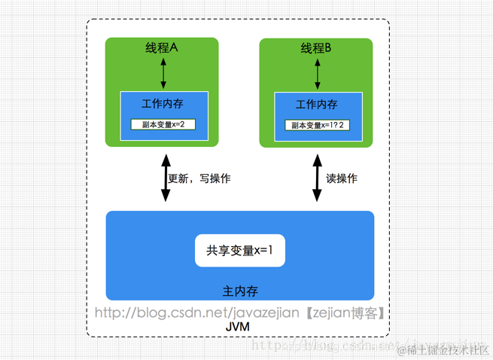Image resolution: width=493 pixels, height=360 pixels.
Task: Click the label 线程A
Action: pyautogui.click(x=162, y=47)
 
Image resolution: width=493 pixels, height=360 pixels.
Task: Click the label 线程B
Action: pyautogui.click(x=316, y=48)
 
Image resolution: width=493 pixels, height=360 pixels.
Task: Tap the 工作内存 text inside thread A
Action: pyautogui.click(x=162, y=103)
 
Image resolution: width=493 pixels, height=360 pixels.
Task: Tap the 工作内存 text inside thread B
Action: pyautogui.click(x=316, y=105)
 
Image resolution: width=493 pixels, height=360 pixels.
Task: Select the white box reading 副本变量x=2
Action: pyautogui.click(x=163, y=124)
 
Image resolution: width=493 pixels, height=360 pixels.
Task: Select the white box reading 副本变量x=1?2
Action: pyautogui.click(x=317, y=125)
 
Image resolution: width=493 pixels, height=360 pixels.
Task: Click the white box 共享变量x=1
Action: pyautogui.click(x=240, y=250)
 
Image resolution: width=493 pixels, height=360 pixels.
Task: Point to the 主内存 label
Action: pyautogui.click(x=240, y=291)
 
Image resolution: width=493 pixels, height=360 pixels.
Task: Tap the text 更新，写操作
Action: pyautogui.click(x=199, y=178)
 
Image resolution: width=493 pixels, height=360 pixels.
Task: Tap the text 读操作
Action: pyautogui.click(x=342, y=178)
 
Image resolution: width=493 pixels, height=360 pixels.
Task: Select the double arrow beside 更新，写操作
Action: pyautogui.click(x=165, y=178)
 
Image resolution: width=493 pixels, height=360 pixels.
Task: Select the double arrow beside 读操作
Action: pyautogui.click(x=317, y=178)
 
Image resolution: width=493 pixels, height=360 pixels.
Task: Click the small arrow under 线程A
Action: pyautogui.click(x=163, y=73)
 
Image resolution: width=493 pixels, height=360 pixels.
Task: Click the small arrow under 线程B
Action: pyautogui.click(x=317, y=74)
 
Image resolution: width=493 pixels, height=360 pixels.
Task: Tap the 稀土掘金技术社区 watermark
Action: pyautogui.click(x=449, y=350)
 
